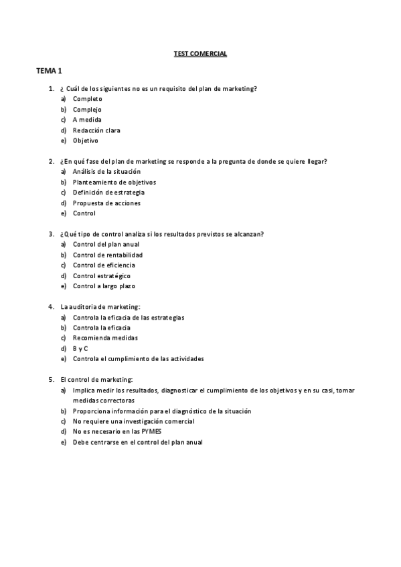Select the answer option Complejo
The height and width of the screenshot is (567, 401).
(x=87, y=109)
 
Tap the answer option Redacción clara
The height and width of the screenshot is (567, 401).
(x=96, y=130)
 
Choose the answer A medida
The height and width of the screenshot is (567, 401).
(x=87, y=120)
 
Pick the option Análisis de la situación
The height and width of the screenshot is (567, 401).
(x=106, y=171)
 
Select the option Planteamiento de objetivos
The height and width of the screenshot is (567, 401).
(x=114, y=182)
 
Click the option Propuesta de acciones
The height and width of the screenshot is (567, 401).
(x=106, y=203)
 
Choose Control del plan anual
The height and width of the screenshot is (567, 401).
(x=106, y=244)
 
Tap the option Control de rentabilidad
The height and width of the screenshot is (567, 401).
(x=107, y=255)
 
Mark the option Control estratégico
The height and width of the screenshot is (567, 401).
(x=102, y=275)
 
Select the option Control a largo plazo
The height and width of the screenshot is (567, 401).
(x=104, y=286)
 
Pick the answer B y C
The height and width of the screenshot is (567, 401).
(x=80, y=348)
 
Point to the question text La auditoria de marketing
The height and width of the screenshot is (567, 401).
(x=100, y=307)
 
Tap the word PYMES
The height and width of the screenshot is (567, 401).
(x=153, y=432)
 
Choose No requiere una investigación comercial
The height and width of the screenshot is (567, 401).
(x=134, y=421)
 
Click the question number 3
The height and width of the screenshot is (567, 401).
(x=52, y=234)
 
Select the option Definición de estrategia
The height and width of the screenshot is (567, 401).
(x=108, y=193)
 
